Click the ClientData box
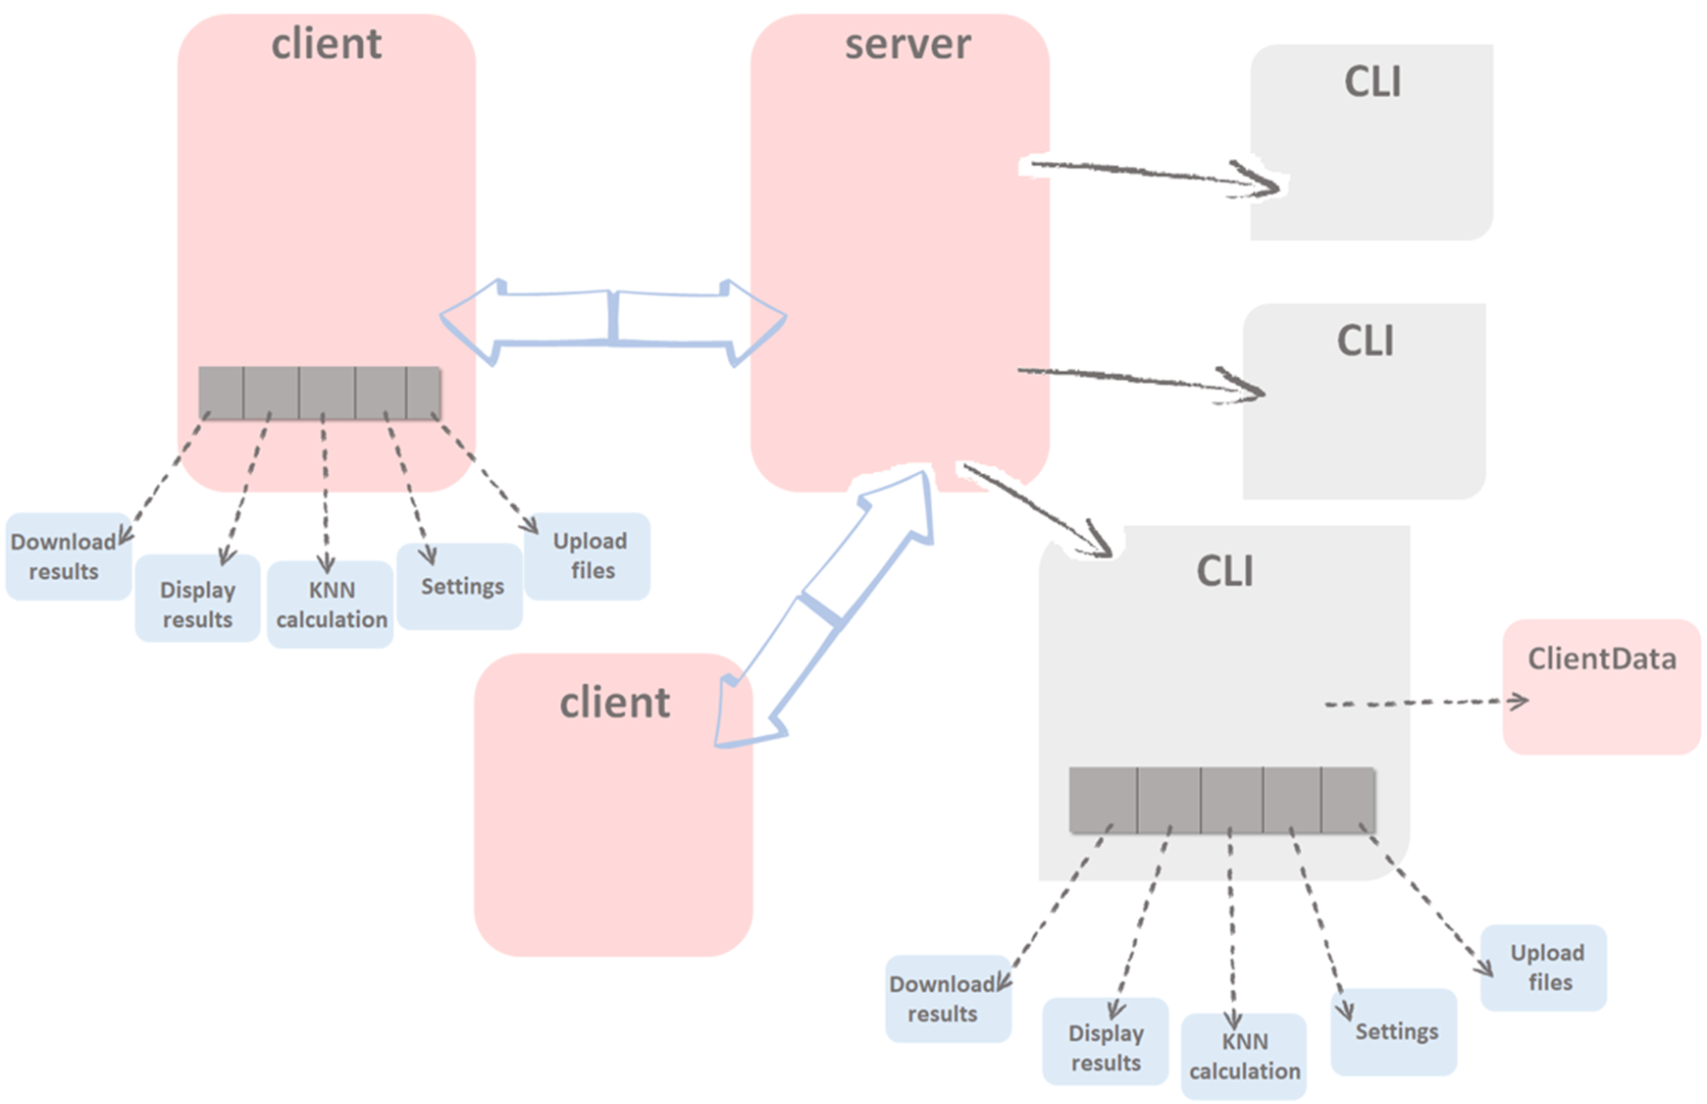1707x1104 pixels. click(x=1601, y=686)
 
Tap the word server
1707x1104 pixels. click(x=907, y=44)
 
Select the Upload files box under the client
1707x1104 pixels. click(x=588, y=556)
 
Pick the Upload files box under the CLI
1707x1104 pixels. click(x=1543, y=968)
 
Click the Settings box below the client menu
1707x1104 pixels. click(x=460, y=586)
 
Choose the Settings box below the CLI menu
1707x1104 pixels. click(x=1394, y=1031)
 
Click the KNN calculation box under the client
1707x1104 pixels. click(x=331, y=605)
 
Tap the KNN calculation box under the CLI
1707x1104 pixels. click(x=1244, y=1056)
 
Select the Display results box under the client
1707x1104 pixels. click(x=197, y=605)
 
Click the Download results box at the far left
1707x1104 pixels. click(x=65, y=556)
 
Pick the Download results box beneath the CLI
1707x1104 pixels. click(x=946, y=998)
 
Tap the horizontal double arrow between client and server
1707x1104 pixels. click(x=613, y=319)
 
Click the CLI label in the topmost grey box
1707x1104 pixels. click(x=1372, y=81)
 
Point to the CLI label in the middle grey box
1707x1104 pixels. click(x=1365, y=341)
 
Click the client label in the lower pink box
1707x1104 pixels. click(x=614, y=703)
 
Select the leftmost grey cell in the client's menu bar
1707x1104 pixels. click(x=221, y=393)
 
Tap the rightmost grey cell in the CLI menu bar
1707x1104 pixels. click(x=1348, y=800)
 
